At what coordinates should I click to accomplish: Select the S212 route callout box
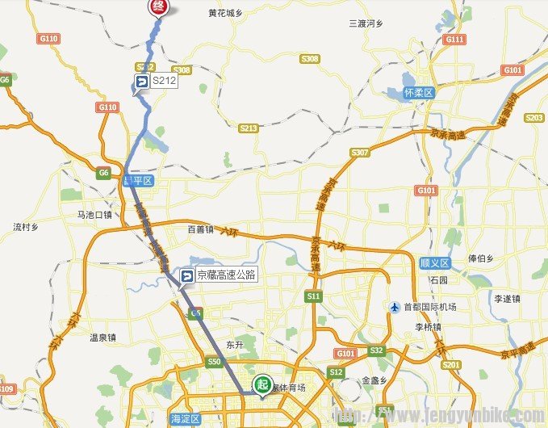coord(156,81)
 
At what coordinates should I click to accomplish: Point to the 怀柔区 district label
coord(418,93)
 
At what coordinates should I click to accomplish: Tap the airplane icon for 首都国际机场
coord(394,307)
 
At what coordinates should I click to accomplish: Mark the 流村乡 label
coord(26,227)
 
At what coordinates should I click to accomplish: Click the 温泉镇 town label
coord(102,338)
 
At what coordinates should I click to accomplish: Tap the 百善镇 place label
coord(200,229)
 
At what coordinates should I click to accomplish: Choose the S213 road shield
coord(249,128)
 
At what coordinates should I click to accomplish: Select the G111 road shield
coord(454,39)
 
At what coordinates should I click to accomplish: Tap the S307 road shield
coord(359,153)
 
